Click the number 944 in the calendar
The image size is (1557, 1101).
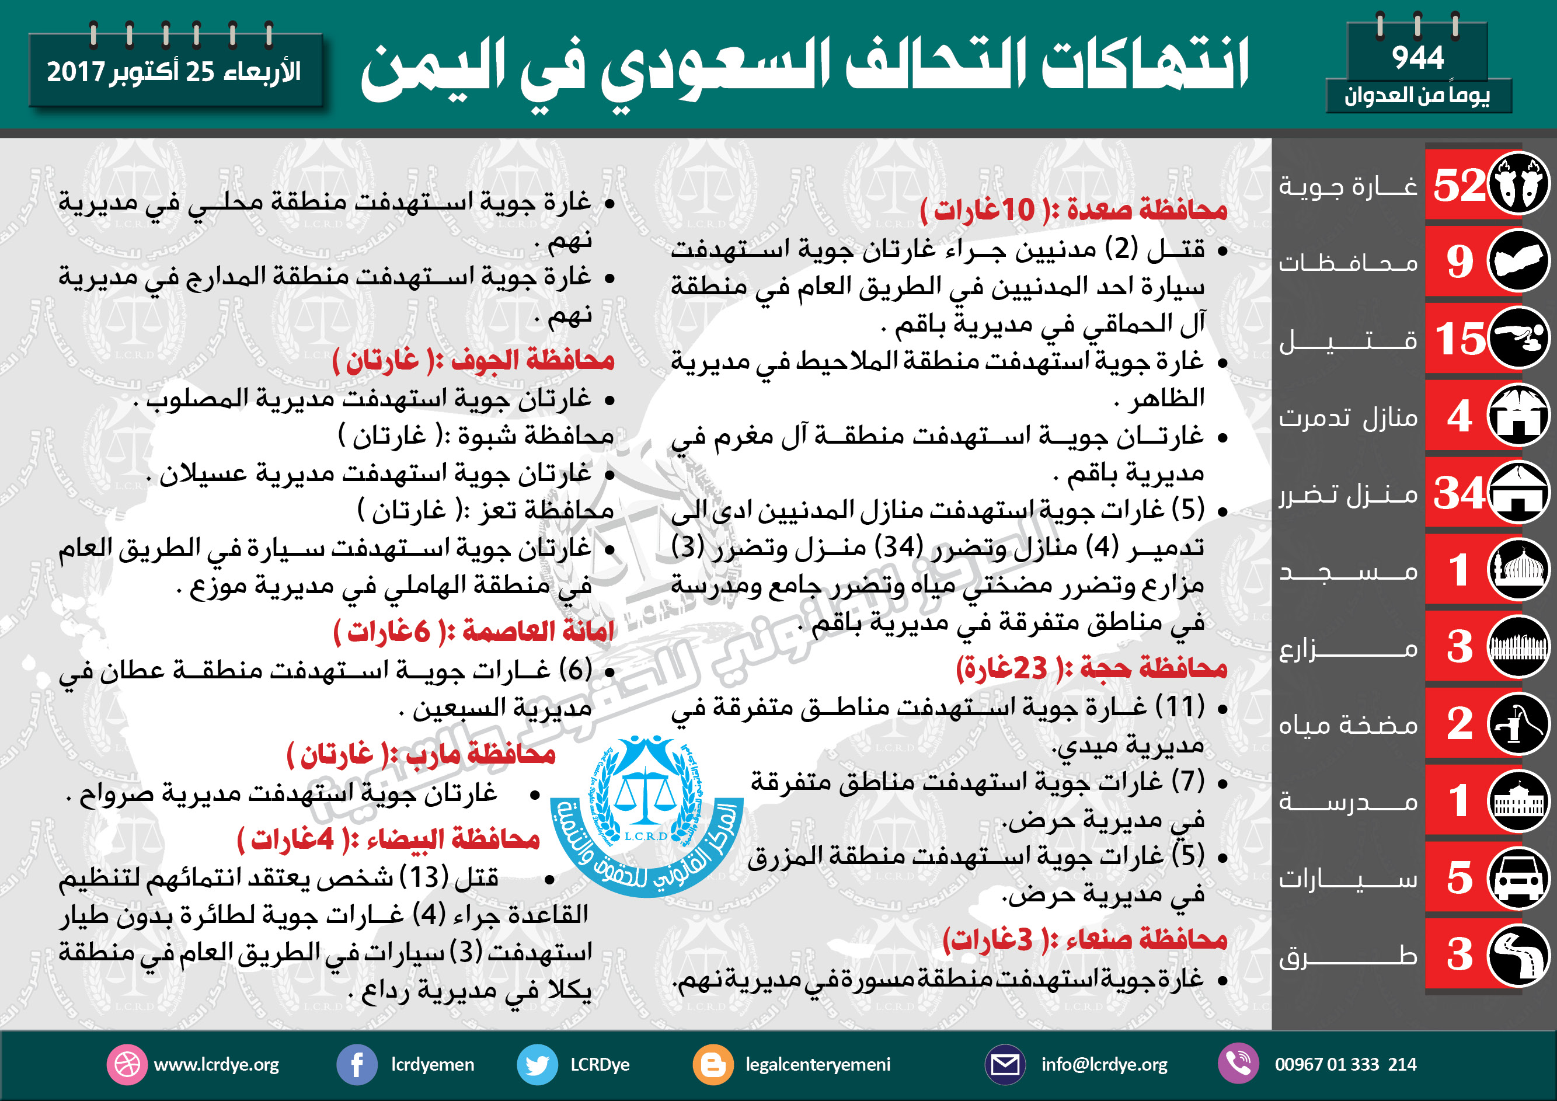[x=1417, y=58]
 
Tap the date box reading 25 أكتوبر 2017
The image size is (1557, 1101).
[x=175, y=71]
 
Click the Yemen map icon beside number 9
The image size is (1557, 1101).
[x=1518, y=261]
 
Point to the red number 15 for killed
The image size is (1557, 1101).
[x=1460, y=339]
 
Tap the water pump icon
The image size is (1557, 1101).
[x=1518, y=724]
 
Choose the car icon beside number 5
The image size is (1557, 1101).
[x=1518, y=878]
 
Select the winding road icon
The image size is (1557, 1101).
[x=1518, y=955]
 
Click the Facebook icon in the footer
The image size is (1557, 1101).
[x=357, y=1064]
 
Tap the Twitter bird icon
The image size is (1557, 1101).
[x=537, y=1064]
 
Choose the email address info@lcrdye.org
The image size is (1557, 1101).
[x=1104, y=1064]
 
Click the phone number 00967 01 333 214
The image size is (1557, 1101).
[x=1344, y=1064]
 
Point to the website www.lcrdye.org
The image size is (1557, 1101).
[x=217, y=1064]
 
